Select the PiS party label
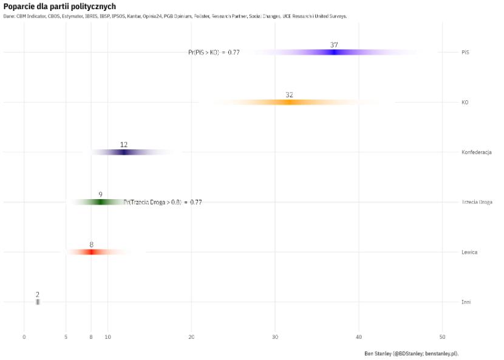(x=465, y=52)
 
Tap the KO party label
(x=465, y=103)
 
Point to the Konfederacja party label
(x=476, y=152)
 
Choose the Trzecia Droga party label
(x=477, y=202)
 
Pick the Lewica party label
(x=469, y=252)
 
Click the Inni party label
(x=466, y=302)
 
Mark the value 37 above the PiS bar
(x=334, y=45)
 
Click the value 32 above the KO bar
(x=289, y=95)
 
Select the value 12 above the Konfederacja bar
(x=124, y=144)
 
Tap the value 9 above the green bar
(x=100, y=195)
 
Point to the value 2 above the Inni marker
(x=38, y=294)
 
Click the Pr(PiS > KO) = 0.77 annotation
(x=214, y=53)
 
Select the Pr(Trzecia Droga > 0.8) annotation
(x=163, y=202)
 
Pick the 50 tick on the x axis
(x=443, y=337)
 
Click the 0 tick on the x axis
(x=24, y=337)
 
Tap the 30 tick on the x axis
(x=275, y=337)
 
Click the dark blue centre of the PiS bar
(x=333, y=52)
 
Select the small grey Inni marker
(x=38, y=302)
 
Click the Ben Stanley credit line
(x=410, y=353)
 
